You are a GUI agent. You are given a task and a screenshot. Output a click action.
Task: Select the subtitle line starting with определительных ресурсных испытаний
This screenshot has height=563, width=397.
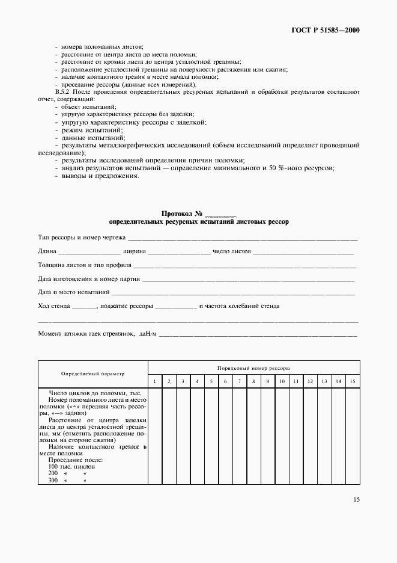tap(199, 222)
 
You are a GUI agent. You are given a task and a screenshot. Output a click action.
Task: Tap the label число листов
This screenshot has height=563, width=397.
tap(232, 251)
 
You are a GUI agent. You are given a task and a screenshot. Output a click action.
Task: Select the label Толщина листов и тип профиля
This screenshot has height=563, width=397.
tap(84, 265)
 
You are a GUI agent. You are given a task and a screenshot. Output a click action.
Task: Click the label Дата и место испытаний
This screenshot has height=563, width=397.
tap(73, 292)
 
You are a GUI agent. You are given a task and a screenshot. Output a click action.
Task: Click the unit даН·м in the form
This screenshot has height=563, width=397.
tap(147, 333)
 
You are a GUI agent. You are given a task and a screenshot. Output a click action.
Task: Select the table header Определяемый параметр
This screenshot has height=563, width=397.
tap(93, 374)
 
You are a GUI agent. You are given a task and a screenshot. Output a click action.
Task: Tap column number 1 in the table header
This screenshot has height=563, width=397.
tap(154, 382)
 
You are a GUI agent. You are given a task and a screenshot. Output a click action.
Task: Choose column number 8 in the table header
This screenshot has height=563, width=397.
tap(253, 382)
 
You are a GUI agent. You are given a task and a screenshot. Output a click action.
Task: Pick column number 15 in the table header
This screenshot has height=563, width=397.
tap(353, 382)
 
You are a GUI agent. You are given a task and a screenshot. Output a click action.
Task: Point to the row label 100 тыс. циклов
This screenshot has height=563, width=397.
tap(71, 467)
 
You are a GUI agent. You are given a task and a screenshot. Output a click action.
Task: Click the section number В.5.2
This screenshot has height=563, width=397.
tap(63, 91)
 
